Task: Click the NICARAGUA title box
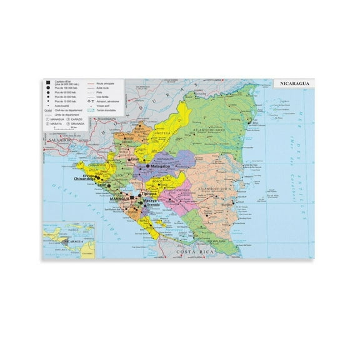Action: (294, 84)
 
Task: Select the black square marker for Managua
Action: (131, 196)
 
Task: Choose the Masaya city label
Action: (149, 199)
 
